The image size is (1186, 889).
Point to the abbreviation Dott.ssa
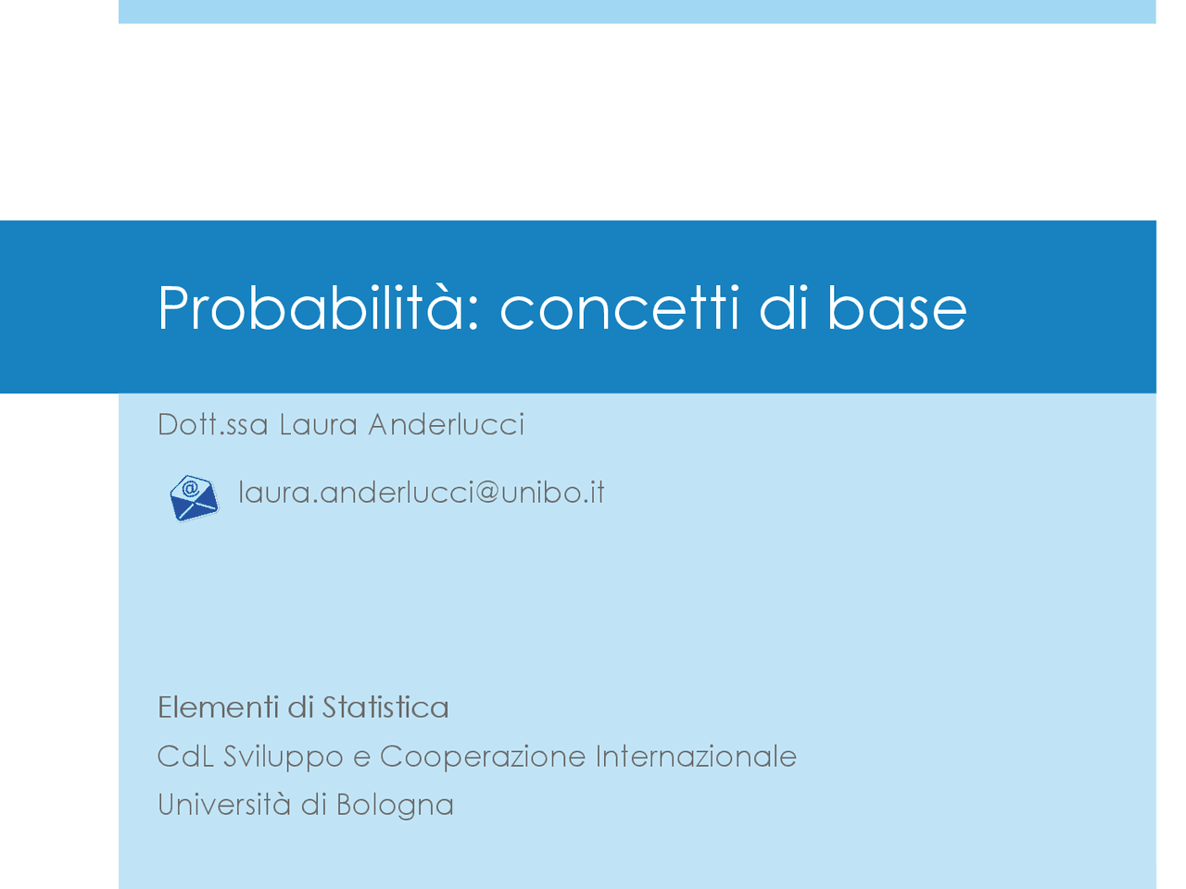pos(213,424)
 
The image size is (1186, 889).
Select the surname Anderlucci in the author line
pos(446,424)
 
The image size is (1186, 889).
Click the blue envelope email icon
pos(194,498)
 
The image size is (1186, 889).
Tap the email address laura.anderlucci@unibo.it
pos(422,492)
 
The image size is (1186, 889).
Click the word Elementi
pos(218,707)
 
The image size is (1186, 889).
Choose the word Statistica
pos(385,707)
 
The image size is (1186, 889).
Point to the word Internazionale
pos(696,757)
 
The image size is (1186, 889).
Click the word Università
pos(223,804)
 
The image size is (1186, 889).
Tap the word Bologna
pos(395,806)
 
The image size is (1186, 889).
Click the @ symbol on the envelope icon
pos(189,488)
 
